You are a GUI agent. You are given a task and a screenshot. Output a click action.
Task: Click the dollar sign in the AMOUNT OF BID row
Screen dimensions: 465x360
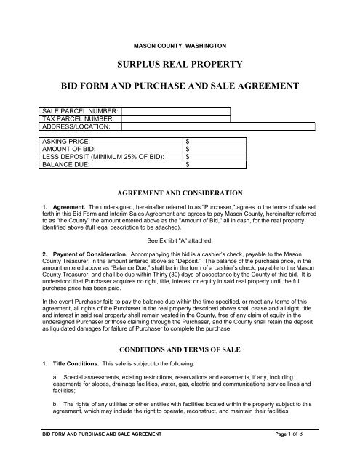pos(188,149)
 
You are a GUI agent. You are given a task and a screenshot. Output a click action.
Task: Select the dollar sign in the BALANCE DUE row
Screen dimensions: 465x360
pos(188,165)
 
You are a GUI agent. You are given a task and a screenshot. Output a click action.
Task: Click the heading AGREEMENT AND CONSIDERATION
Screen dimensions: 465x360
pos(180,193)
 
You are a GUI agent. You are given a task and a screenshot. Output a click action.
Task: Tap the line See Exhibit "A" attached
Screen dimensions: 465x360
pos(179,239)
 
